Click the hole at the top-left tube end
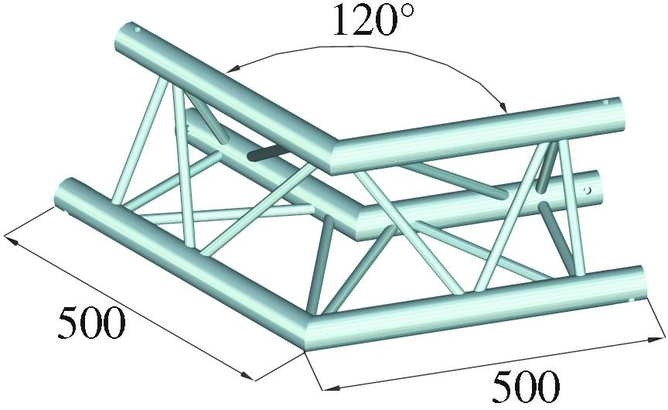pyautogui.click(x=138, y=31)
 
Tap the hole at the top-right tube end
pyautogui.click(x=607, y=102)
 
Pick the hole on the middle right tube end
pyautogui.click(x=588, y=188)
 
